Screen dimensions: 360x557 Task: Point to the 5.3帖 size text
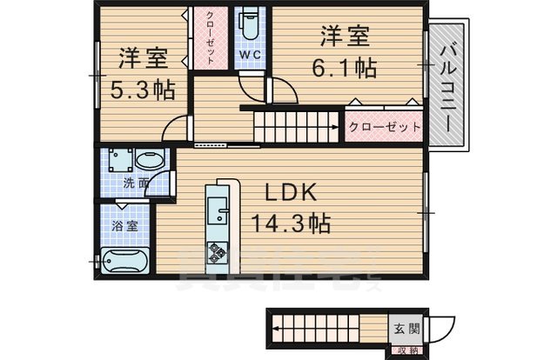pyautogui.click(x=141, y=89)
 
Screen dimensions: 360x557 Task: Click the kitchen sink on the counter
pyautogui.click(x=217, y=209)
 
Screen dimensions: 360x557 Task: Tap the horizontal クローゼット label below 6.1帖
pyautogui.click(x=385, y=127)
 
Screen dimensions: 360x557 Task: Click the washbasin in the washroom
pyautogui.click(x=150, y=162)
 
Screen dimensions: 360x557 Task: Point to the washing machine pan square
pyautogui.click(x=117, y=160)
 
